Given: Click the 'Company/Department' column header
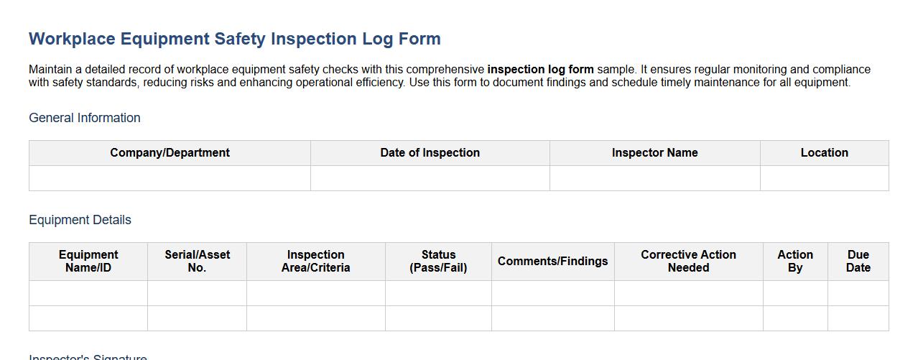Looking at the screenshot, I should pyautogui.click(x=170, y=153).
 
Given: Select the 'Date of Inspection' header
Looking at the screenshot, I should pyautogui.click(x=430, y=153).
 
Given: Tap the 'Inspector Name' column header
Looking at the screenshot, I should pyautogui.click(x=654, y=153).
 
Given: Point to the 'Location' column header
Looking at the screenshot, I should pyautogui.click(x=824, y=153).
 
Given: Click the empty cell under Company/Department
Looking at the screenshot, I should pyautogui.click(x=170, y=178).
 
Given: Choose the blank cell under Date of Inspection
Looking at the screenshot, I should pyautogui.click(x=430, y=178).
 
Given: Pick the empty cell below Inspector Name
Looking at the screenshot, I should pyautogui.click(x=654, y=178).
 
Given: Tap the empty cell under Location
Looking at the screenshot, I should pyautogui.click(x=824, y=178).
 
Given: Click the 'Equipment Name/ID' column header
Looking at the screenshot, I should pyautogui.click(x=88, y=262).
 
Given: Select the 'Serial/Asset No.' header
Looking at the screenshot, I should pyautogui.click(x=197, y=262).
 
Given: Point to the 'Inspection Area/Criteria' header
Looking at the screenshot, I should pyautogui.click(x=315, y=262).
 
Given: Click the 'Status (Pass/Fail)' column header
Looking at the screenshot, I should pyautogui.click(x=438, y=262).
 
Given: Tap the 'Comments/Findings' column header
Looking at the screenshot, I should pyautogui.click(x=552, y=262).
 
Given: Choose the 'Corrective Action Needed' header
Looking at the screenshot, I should pyautogui.click(x=688, y=262).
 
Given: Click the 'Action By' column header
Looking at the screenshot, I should pyautogui.click(x=795, y=262).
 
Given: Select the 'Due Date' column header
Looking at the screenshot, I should pyautogui.click(x=858, y=262).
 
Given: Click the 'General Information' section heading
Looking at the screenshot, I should pyautogui.click(x=85, y=118).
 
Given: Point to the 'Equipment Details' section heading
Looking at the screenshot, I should pyautogui.click(x=80, y=220).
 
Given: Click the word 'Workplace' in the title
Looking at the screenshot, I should pyautogui.click(x=72, y=39).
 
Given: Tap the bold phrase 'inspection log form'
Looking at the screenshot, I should pyautogui.click(x=540, y=70).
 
